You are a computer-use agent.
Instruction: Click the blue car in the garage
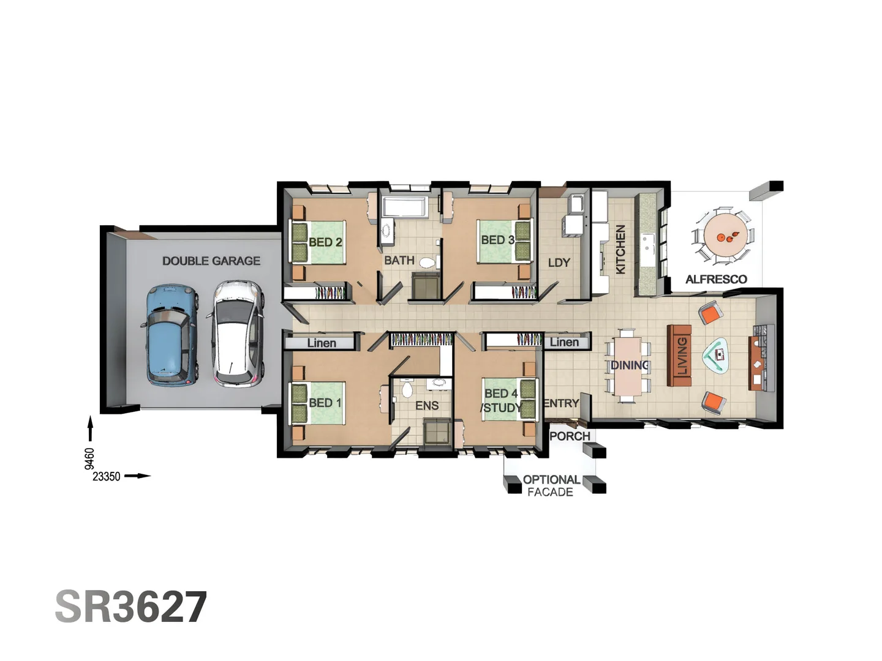pos(171,334)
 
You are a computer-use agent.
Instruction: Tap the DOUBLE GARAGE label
pos(211,261)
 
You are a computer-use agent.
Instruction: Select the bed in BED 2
pos(318,242)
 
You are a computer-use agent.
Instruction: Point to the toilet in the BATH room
pos(427,263)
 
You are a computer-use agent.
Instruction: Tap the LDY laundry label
pos(559,263)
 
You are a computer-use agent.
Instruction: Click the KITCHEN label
pos(620,249)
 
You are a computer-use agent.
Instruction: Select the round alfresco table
pos(726,236)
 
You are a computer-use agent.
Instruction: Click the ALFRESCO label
pos(716,279)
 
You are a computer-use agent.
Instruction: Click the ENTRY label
pos(561,403)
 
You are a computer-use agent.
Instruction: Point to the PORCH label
pos(570,436)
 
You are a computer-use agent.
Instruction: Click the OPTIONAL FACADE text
pos(551,485)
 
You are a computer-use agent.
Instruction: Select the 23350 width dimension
pos(107,476)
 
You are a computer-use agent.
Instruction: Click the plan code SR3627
pos(131,607)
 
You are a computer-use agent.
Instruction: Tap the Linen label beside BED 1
pos(321,343)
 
